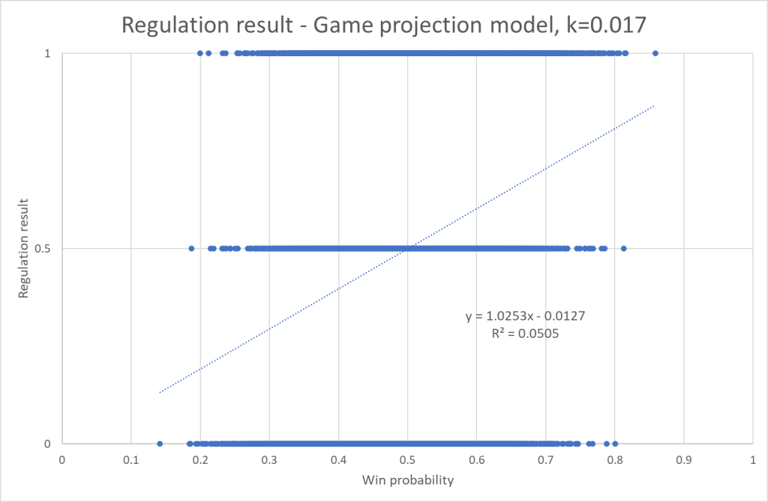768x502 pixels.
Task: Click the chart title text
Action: click(x=383, y=25)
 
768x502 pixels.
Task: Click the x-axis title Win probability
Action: click(x=407, y=480)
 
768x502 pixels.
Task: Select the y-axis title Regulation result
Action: click(x=25, y=248)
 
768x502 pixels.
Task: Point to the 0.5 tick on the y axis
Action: click(x=46, y=248)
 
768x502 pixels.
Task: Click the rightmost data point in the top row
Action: click(x=655, y=53)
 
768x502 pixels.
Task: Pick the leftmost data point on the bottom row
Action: click(x=160, y=443)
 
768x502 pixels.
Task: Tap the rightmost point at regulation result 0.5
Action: click(x=623, y=248)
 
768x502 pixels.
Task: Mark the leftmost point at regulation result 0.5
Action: click(x=191, y=248)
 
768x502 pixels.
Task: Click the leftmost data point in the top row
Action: click(x=199, y=53)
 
